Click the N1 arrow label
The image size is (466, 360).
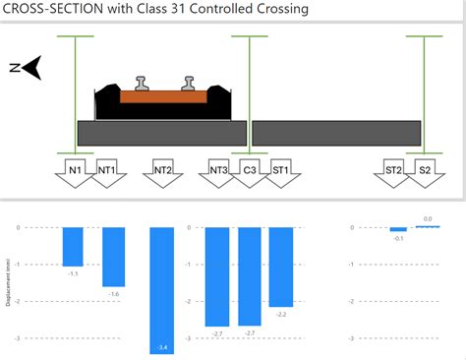pyautogui.click(x=75, y=171)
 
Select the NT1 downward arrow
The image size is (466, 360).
pyautogui.click(x=107, y=171)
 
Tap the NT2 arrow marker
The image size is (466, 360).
pyautogui.click(x=163, y=171)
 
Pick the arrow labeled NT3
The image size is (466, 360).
pyautogui.click(x=219, y=171)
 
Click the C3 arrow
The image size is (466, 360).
pyautogui.click(x=250, y=171)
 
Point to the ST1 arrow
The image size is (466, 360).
pyautogui.click(x=280, y=171)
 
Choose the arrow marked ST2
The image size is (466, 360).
pyautogui.click(x=393, y=171)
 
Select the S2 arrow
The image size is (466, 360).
pyautogui.click(x=425, y=171)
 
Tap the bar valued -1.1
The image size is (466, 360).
pyautogui.click(x=73, y=246)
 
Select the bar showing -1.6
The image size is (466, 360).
pyautogui.click(x=114, y=257)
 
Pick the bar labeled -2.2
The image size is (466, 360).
pyautogui.click(x=281, y=267)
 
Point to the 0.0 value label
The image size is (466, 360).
pyautogui.click(x=428, y=219)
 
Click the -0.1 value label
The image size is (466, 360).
pyautogui.click(x=397, y=238)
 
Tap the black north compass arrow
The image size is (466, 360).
pyautogui.click(x=31, y=67)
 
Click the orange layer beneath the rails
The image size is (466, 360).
pyautogui.click(x=163, y=97)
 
